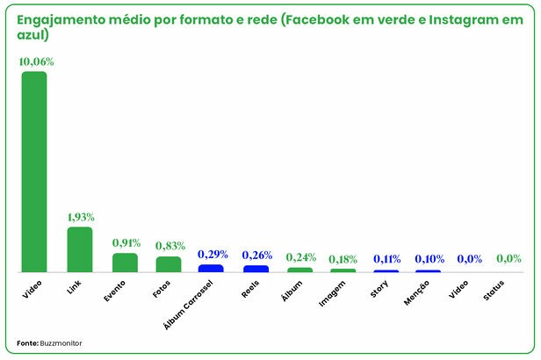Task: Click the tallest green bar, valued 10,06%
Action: [34, 171]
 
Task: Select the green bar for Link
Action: [80, 249]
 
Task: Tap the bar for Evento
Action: [125, 263]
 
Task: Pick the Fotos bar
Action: [169, 264]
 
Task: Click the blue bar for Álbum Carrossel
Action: [211, 268]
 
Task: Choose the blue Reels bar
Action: [256, 269]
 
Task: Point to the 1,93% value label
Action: [81, 217]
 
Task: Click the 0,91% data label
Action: [126, 242]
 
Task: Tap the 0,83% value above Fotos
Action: [170, 246]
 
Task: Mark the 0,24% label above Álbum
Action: [300, 257]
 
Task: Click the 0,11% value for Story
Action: [386, 259]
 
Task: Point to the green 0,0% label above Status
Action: [509, 259]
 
